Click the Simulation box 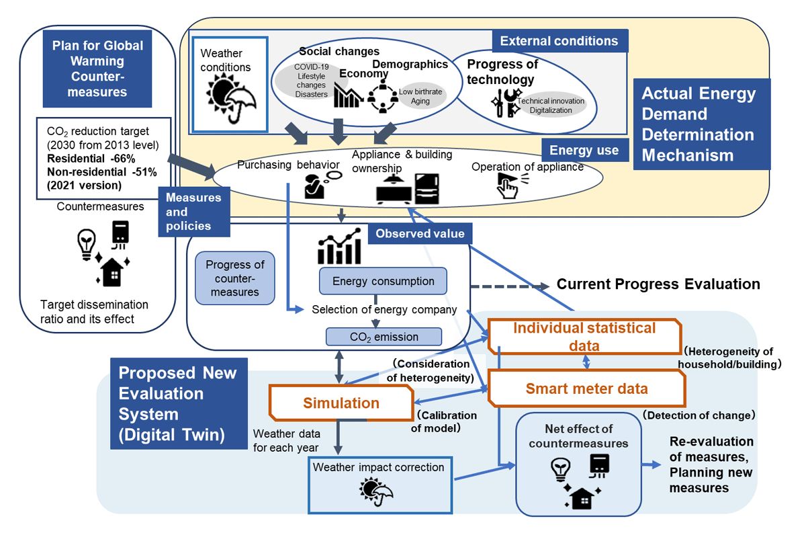[x=341, y=403]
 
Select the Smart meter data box [x=586, y=388]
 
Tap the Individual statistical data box [x=584, y=336]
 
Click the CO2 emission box [x=384, y=337]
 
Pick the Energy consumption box [x=384, y=281]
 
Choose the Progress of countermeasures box [x=235, y=278]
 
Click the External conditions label [x=559, y=41]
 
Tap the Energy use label [x=584, y=150]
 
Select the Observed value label [x=420, y=233]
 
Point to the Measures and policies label [x=194, y=212]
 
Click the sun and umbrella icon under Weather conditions [x=230, y=97]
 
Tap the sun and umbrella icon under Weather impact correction [x=376, y=491]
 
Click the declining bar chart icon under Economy [x=348, y=95]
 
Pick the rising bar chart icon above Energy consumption [x=339, y=246]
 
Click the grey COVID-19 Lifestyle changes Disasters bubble [x=311, y=81]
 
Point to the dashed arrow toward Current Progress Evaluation [x=510, y=287]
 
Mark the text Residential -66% [x=91, y=159]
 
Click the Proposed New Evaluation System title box [x=179, y=403]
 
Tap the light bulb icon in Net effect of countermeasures [x=561, y=470]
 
